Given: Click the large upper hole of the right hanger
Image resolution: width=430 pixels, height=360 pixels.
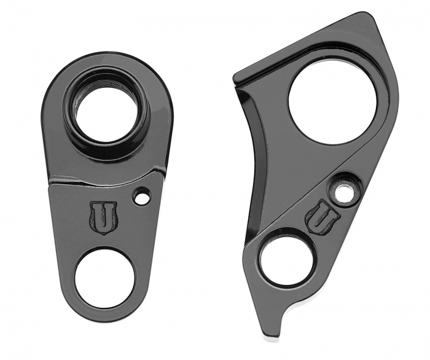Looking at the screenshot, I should pos(332,101).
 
